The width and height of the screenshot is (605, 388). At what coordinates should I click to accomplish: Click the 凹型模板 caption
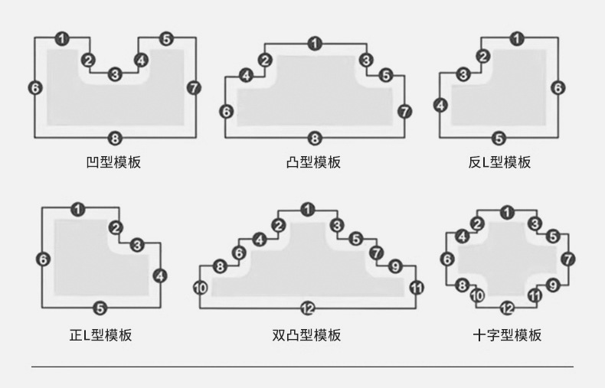pos(114,162)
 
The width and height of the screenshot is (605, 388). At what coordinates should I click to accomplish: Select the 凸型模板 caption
pos(313,162)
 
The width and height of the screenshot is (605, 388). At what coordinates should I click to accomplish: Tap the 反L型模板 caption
pos(499,162)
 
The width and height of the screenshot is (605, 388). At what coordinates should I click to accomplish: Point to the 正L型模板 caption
pos(101,335)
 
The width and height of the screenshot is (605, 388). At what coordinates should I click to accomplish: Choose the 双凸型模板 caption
pos(307,335)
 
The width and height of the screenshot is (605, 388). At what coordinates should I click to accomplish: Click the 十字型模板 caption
pos(507,335)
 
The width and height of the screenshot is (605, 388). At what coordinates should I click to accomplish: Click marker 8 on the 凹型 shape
pos(115,139)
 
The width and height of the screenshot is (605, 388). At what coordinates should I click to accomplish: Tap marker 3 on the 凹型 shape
pos(115,74)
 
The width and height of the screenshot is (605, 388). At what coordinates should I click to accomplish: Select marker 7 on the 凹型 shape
pos(194,87)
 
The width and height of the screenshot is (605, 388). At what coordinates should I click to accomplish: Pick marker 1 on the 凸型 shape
pos(315,44)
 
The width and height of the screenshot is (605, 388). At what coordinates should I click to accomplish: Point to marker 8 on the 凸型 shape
pos(315,139)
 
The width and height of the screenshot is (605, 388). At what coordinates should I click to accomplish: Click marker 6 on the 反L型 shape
pos(558,88)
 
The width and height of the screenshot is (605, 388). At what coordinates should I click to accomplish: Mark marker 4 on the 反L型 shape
pos(440,105)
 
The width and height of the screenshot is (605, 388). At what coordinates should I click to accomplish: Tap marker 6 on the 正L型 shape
pos(43,259)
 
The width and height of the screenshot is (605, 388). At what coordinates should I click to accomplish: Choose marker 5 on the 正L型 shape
pos(100,308)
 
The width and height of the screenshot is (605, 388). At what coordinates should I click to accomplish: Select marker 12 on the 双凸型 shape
pos(307,308)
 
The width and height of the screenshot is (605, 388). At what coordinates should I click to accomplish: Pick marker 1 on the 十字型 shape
pos(507,212)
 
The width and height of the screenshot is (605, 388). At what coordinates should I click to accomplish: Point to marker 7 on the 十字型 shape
pos(567,259)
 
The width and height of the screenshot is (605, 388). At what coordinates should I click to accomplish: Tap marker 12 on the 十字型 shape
pos(507,308)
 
